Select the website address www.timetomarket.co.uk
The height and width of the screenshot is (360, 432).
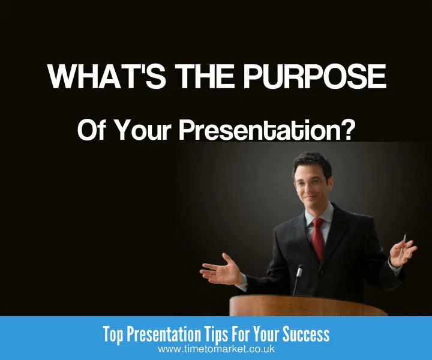click(x=216, y=349)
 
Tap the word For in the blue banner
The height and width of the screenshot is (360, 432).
click(x=251, y=334)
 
